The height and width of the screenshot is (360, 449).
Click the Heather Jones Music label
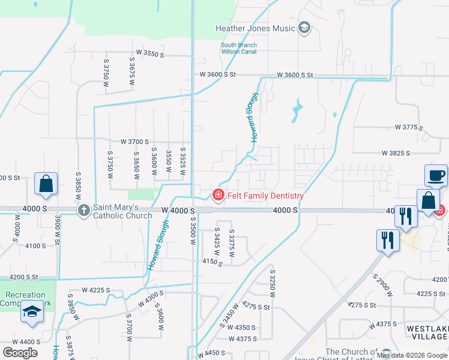[x=255, y=28]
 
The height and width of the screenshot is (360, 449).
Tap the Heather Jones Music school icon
[x=304, y=28]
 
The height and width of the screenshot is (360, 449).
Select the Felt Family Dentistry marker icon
[x=219, y=195]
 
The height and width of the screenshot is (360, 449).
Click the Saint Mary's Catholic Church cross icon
[x=83, y=209]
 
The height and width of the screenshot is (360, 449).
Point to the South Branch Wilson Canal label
[x=238, y=48]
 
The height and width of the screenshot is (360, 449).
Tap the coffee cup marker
[x=436, y=176]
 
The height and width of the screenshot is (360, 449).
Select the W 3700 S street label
[x=134, y=142]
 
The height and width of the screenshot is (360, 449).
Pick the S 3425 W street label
[x=217, y=242]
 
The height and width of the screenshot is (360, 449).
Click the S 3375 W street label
[x=231, y=242]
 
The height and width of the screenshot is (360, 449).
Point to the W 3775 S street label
[x=409, y=128]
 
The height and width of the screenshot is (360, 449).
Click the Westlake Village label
[x=427, y=332]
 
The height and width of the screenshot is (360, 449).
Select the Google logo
[x=20, y=352]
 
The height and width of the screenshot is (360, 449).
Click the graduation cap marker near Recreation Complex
[x=32, y=313]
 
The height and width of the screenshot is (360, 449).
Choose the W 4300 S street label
[x=151, y=298]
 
